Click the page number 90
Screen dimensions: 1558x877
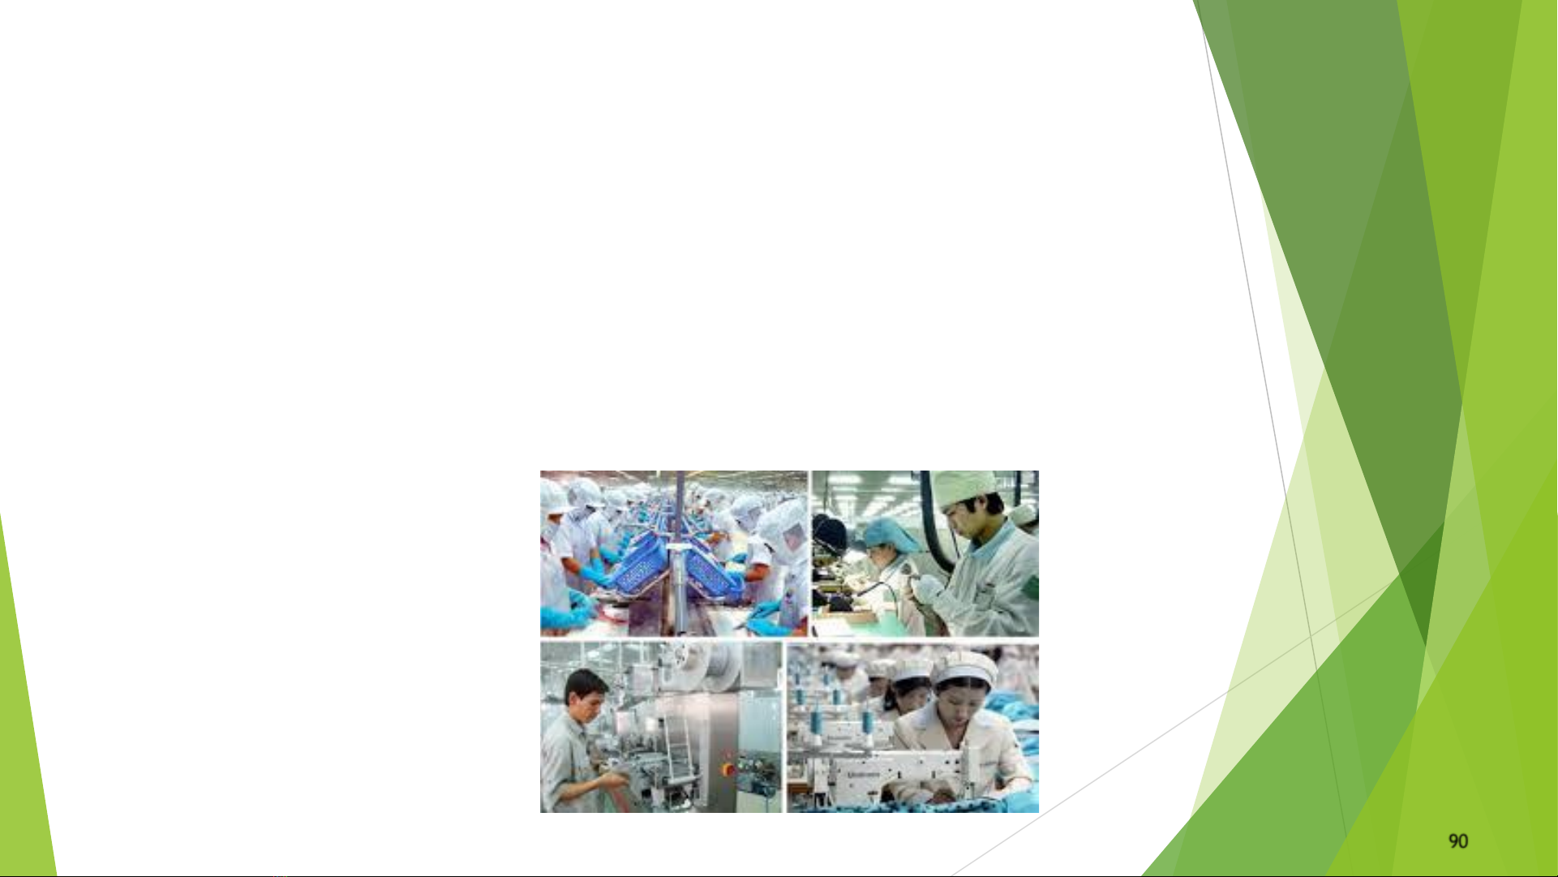pyautogui.click(x=1458, y=841)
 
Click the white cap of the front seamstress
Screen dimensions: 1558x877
pyautogui.click(x=965, y=667)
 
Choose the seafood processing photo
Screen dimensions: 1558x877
pyautogui.click(x=674, y=553)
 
